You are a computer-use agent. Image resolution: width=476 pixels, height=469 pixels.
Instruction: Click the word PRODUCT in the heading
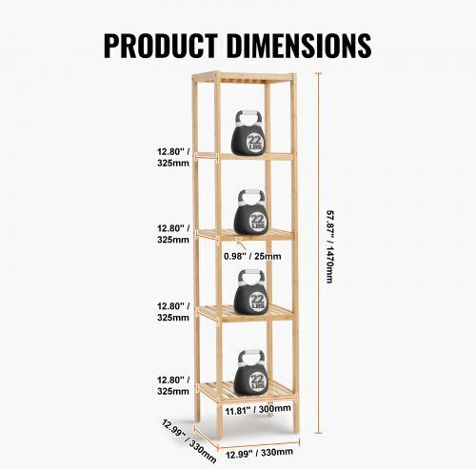161,46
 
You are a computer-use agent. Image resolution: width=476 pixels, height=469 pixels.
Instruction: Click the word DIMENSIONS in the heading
299,46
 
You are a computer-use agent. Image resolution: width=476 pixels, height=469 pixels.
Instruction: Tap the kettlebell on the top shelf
248,133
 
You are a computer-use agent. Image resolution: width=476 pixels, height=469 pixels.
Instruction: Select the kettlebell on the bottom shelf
251,373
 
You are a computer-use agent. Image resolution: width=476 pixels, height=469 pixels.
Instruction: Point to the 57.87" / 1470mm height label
330,246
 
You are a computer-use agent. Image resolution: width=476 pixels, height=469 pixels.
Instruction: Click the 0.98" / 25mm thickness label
252,256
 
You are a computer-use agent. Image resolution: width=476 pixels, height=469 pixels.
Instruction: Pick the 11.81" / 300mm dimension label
258,410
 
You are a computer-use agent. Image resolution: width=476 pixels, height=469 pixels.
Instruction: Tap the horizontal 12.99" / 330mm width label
259,453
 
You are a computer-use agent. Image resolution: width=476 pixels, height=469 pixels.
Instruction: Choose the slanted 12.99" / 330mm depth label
189,441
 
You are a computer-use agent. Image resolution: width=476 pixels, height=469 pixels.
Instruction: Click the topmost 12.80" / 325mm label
173,157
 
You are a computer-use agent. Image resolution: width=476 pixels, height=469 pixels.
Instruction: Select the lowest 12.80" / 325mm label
173,385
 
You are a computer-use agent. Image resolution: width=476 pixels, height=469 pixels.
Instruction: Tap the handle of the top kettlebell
248,118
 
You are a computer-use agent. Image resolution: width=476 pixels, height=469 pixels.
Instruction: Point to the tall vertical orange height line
319,253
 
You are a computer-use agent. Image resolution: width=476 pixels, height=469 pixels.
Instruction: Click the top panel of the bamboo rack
244,78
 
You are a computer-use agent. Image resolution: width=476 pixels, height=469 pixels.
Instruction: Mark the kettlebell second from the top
250,212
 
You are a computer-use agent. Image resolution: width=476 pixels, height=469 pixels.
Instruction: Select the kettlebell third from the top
250,292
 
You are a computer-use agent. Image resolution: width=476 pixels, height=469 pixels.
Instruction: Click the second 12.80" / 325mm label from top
173,234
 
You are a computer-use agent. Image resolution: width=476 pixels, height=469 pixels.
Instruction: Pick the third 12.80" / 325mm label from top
173,312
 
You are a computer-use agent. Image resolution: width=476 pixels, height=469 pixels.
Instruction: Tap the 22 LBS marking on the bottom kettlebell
257,381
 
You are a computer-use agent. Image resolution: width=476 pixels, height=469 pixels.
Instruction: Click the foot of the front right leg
296,429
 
